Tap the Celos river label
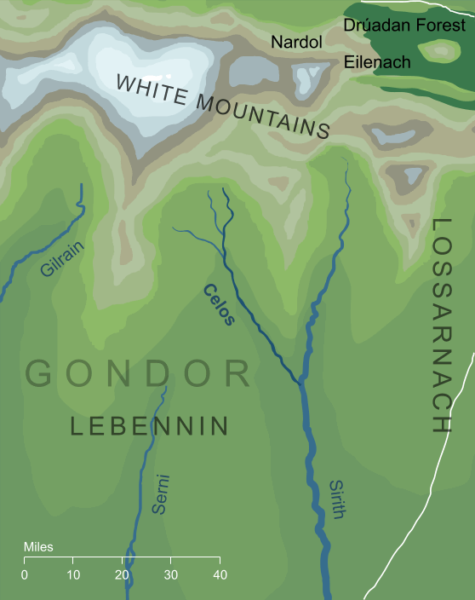219,304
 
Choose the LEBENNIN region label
149,426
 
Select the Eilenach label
377,62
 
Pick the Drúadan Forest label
404,26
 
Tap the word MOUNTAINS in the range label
269,116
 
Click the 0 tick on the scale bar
24,574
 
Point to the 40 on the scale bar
219,574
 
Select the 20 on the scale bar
122,574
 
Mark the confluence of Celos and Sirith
301,384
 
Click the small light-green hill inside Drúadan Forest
443,50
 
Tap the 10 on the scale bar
73,574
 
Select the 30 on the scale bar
170,574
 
